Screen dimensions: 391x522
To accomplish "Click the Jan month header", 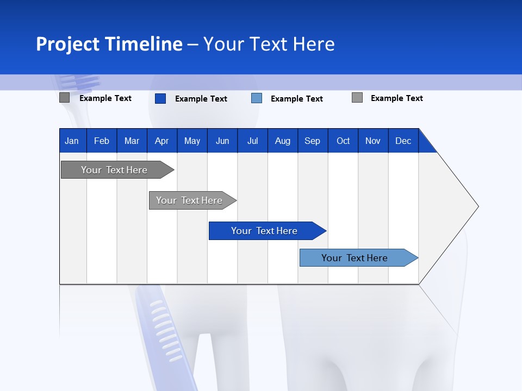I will click(x=72, y=141).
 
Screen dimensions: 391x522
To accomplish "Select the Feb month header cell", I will click(x=102, y=141).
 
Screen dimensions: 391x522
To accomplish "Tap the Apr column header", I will click(x=161, y=141).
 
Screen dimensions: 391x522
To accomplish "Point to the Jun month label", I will click(x=222, y=141).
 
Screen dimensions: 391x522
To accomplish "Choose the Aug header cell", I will click(x=282, y=141).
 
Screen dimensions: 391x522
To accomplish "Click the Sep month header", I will click(x=313, y=141).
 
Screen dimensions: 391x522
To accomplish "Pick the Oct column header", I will click(x=343, y=141).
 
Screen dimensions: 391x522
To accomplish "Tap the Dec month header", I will click(x=403, y=141).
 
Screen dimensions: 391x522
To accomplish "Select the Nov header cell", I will click(x=373, y=141).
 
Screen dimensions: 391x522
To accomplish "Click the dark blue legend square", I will click(x=160, y=98).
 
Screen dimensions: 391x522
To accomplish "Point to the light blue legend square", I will click(x=257, y=98).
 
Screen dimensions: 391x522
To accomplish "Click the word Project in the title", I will click(x=67, y=44).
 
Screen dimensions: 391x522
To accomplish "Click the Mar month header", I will click(x=132, y=141).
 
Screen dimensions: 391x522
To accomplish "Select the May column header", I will click(x=192, y=141).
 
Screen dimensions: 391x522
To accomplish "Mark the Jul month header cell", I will click(x=252, y=141).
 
